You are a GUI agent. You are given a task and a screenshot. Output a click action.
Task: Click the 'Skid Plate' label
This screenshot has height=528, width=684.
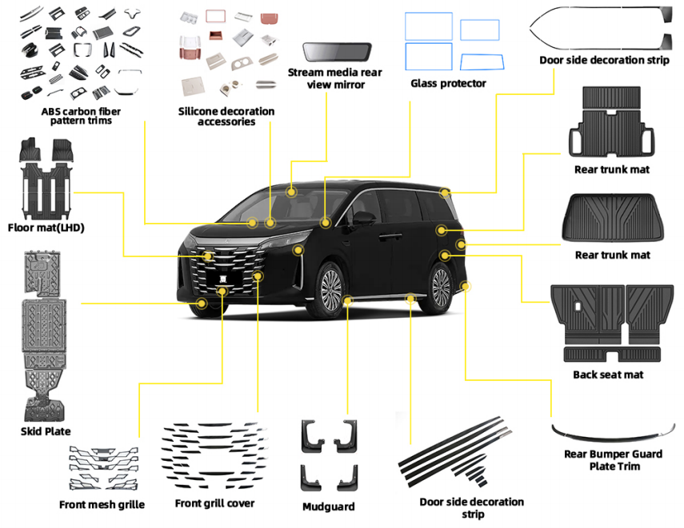(x=46, y=431)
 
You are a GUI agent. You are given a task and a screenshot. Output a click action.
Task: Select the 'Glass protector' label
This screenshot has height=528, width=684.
(x=448, y=83)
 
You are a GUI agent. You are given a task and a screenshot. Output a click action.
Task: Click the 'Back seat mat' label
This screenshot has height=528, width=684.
(x=608, y=375)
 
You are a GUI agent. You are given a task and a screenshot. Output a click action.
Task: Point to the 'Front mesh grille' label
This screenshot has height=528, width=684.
(x=102, y=504)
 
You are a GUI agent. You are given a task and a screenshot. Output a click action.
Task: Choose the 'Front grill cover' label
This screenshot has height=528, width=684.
(x=214, y=503)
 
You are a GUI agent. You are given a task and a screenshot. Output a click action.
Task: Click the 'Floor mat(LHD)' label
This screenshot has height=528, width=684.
(x=46, y=228)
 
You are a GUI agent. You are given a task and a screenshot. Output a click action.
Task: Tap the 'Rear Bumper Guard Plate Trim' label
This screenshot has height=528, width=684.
(x=614, y=460)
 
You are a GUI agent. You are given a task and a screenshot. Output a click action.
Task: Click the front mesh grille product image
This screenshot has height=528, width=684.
(x=102, y=468)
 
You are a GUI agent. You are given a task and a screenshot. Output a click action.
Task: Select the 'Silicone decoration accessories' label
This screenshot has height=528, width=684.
(x=226, y=116)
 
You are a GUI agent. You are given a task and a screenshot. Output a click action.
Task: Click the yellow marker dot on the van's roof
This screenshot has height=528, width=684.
(x=292, y=192)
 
